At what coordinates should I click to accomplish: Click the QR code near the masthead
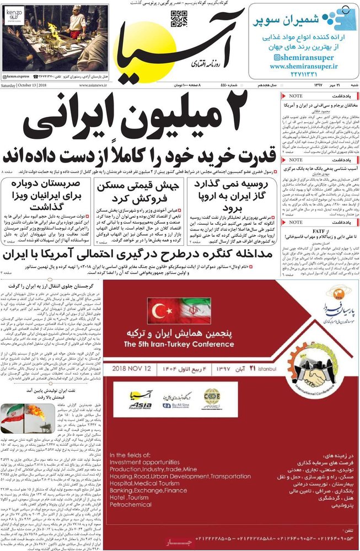pos(179,19)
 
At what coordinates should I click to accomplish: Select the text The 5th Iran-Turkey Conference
pos(178,344)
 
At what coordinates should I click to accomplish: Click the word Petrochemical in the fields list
pos(131,504)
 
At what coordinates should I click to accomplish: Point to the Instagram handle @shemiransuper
pos(303,57)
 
